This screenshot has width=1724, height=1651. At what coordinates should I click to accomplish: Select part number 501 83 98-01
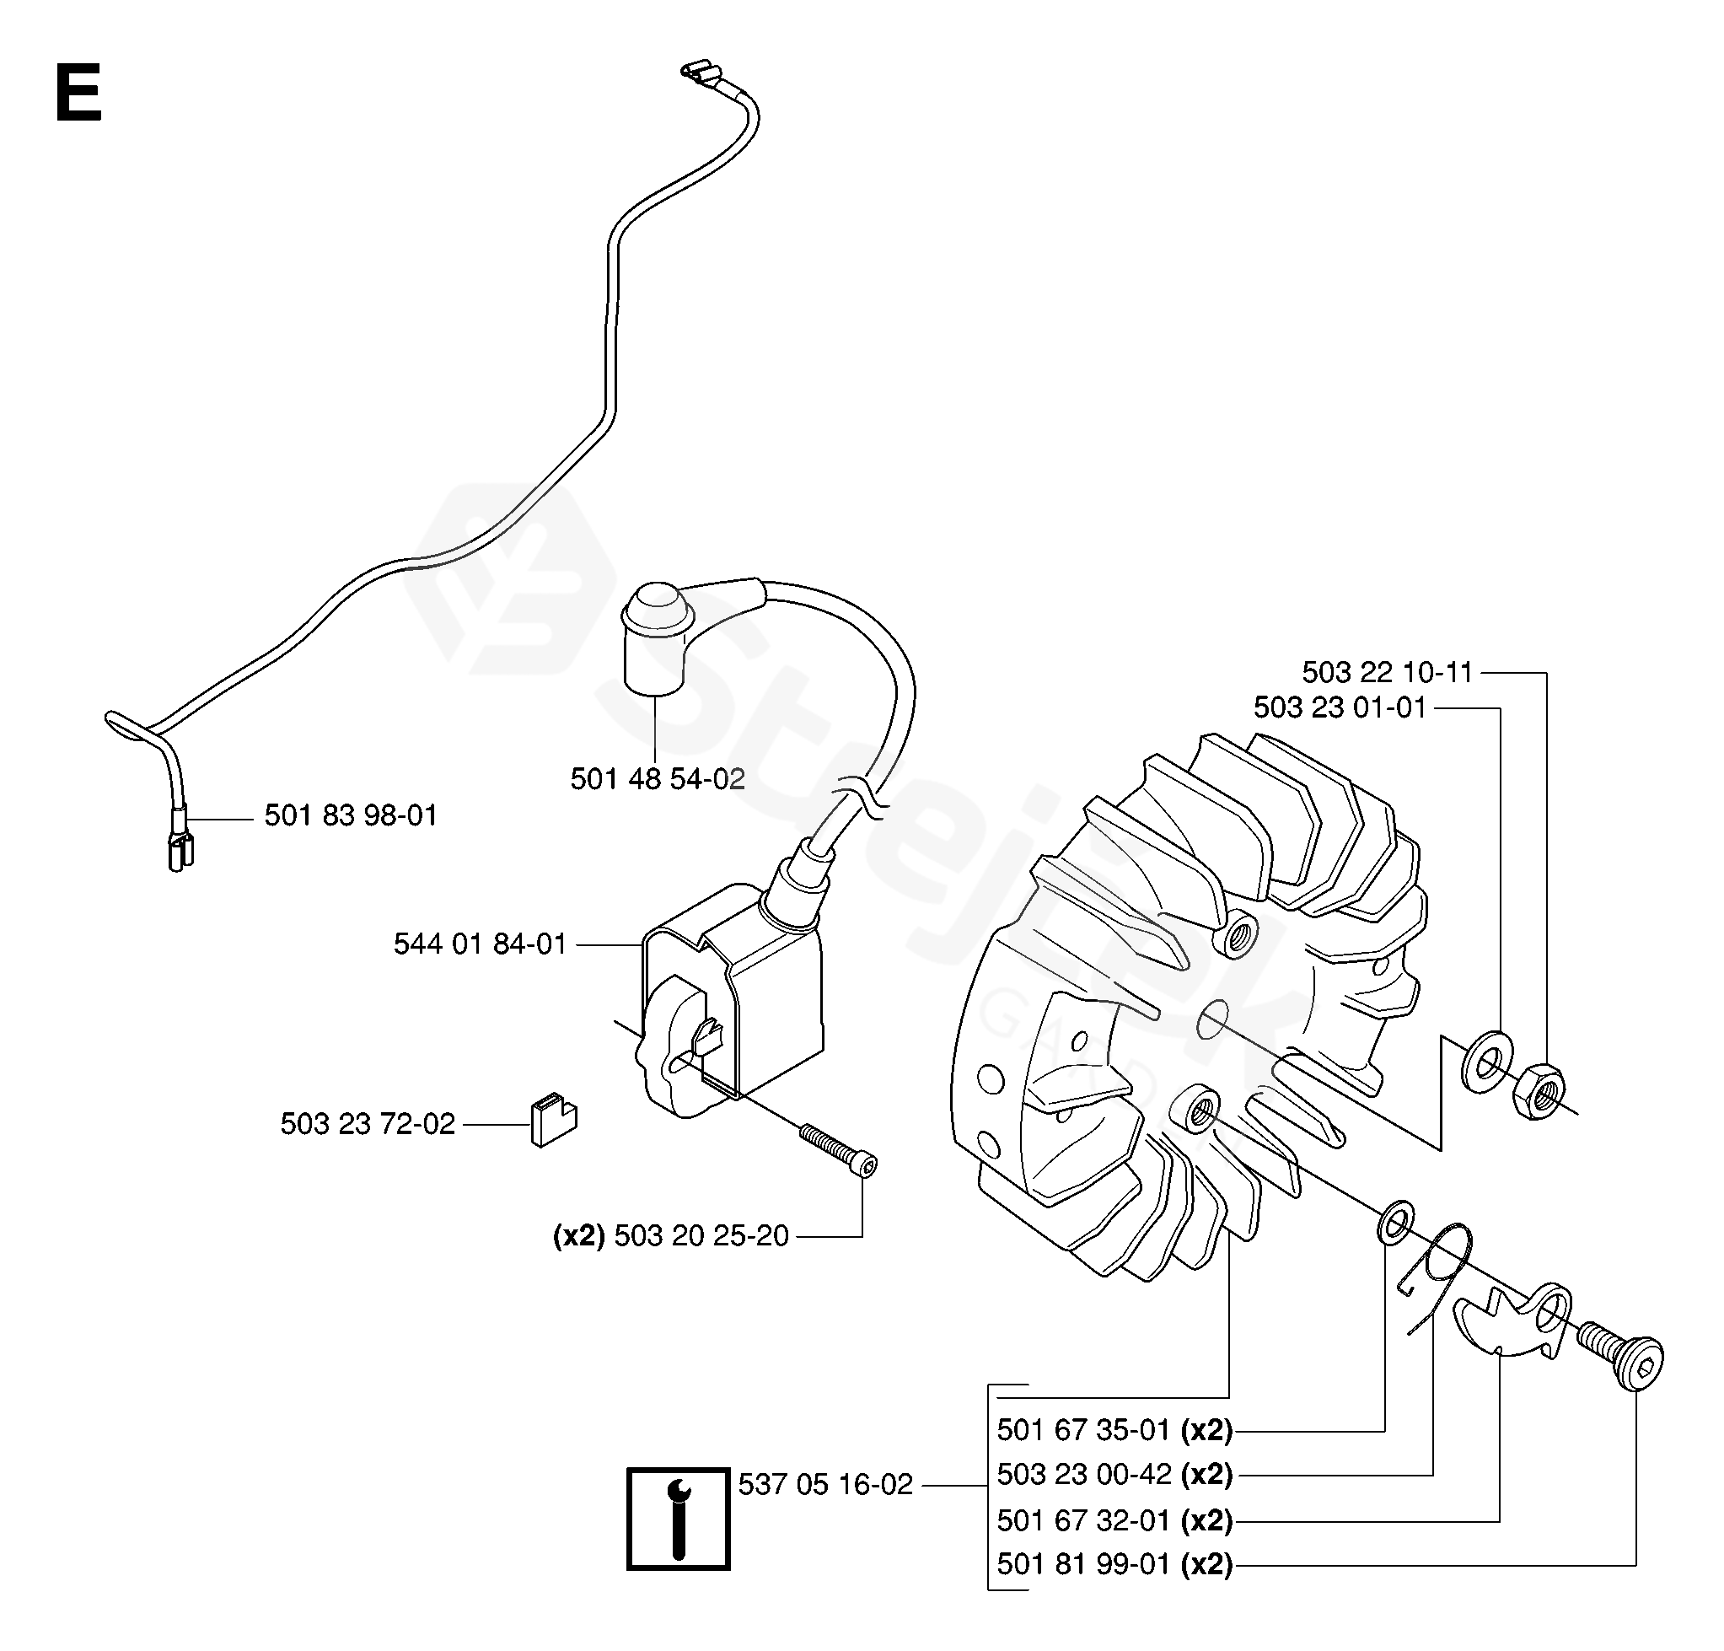point(351,815)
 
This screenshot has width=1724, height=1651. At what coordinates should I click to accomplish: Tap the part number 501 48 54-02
point(657,778)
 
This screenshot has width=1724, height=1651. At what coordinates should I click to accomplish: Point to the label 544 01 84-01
point(480,944)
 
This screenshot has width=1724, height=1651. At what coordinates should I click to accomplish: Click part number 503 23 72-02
point(368,1123)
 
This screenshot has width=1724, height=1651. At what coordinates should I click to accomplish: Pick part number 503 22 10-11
point(1387,672)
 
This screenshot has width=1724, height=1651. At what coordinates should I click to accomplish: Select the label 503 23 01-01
point(1340,707)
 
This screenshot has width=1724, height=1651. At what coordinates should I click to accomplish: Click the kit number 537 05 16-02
point(825,1484)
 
